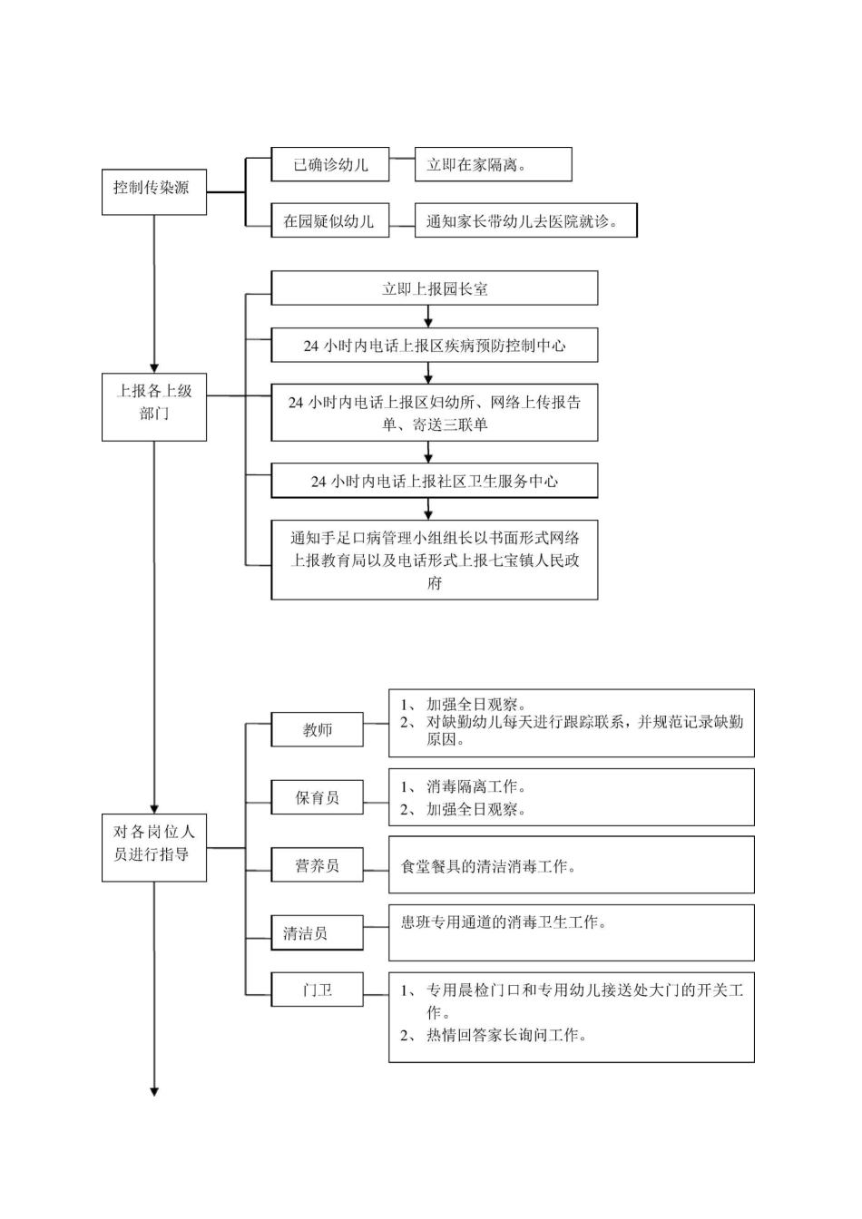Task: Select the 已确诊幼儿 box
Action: (x=330, y=164)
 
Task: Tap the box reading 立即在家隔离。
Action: (x=493, y=164)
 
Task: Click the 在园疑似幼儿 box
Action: (x=330, y=220)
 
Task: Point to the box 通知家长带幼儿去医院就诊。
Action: (x=525, y=220)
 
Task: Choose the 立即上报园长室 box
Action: (x=434, y=288)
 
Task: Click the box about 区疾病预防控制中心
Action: (x=434, y=346)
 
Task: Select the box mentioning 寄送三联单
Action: (x=434, y=413)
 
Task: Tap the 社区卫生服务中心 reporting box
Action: (x=434, y=481)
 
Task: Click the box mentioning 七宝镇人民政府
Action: (x=434, y=560)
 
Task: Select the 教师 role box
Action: (x=317, y=729)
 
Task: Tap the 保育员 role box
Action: (x=317, y=797)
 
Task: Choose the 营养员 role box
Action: (x=317, y=865)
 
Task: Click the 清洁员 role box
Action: (x=317, y=932)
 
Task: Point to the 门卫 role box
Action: (x=317, y=990)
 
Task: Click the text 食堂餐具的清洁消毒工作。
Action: (x=488, y=867)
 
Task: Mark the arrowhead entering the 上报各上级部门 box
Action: (x=153, y=366)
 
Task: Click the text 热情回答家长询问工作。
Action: (x=505, y=1035)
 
